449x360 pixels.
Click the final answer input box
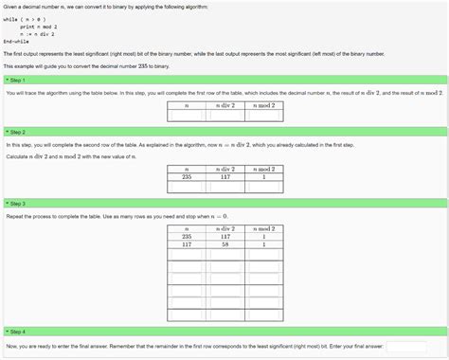point(406,347)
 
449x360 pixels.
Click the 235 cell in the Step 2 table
point(187,176)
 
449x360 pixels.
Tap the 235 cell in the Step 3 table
point(187,236)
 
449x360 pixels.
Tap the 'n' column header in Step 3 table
point(187,228)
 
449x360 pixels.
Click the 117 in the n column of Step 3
point(187,244)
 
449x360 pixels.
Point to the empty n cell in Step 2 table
point(187,187)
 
